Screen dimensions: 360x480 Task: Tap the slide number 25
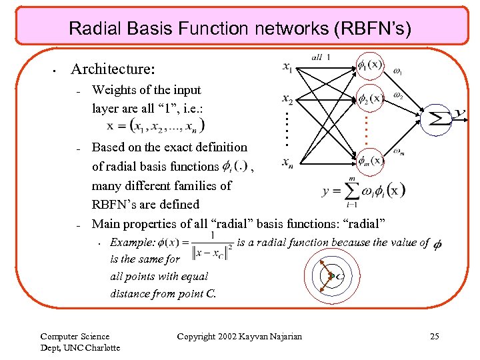click(434, 337)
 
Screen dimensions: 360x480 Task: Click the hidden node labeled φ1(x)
click(370, 65)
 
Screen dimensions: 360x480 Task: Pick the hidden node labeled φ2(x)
click(370, 98)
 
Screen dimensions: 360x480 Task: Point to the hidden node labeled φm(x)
click(369, 161)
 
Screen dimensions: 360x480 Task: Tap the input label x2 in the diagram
click(287, 100)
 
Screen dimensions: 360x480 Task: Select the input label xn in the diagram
click(287, 162)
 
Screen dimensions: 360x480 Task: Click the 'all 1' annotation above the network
click(321, 57)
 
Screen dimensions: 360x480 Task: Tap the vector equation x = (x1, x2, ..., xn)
click(156, 125)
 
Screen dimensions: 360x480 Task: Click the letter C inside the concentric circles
click(340, 276)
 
